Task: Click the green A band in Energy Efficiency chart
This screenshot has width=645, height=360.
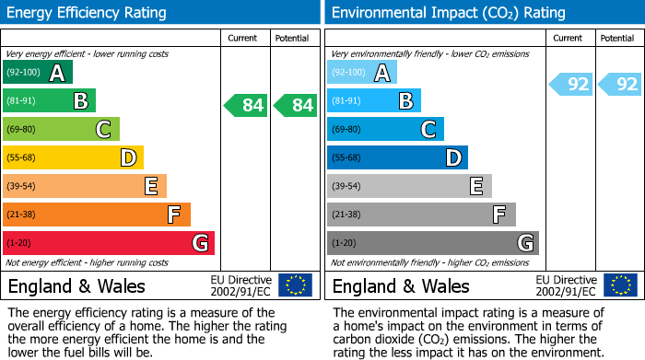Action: pyautogui.click(x=37, y=73)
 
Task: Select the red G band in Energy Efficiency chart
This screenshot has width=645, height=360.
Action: pyautogui.click(x=109, y=243)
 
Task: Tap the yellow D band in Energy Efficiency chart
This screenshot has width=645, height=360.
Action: pyautogui.click(x=73, y=157)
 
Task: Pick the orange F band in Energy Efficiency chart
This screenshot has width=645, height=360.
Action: pyautogui.click(x=97, y=215)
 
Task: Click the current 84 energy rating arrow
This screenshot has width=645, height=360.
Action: pyautogui.click(x=246, y=105)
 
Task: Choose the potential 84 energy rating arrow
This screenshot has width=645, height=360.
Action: pyautogui.click(x=295, y=105)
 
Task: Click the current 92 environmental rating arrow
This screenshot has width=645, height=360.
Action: pyautogui.click(x=571, y=85)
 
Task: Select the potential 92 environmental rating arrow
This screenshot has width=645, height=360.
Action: pyautogui.click(x=620, y=85)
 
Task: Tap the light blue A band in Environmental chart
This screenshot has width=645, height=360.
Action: pyautogui.click(x=362, y=73)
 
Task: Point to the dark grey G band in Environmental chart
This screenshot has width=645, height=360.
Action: pyautogui.click(x=433, y=243)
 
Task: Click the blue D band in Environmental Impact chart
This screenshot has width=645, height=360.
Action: pyautogui.click(x=397, y=157)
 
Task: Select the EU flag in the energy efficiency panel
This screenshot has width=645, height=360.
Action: pyautogui.click(x=295, y=285)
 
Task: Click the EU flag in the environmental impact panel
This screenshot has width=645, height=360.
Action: pyautogui.click(x=620, y=285)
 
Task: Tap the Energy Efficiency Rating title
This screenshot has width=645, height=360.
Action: pyautogui.click(x=88, y=13)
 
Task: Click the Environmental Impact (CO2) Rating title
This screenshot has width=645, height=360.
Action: pyautogui.click(x=448, y=13)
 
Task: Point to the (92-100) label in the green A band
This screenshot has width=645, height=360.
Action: pyautogui.click(x=24, y=73)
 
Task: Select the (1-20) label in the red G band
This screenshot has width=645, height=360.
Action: pyautogui.click(x=18, y=243)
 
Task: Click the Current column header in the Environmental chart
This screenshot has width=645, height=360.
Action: pyautogui.click(x=568, y=38)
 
